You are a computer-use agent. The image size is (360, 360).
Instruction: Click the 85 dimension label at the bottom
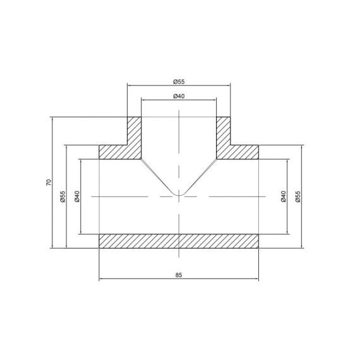point(179,275)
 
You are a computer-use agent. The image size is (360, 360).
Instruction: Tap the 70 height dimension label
point(49,183)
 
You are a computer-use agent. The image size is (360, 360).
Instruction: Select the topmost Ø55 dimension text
point(179,81)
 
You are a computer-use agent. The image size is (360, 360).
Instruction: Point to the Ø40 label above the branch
point(179,96)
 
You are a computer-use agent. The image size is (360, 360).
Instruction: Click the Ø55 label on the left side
point(63,196)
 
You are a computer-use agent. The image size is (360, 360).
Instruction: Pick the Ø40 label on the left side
point(77,196)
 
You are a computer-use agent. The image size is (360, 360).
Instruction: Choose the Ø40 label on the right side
point(284,196)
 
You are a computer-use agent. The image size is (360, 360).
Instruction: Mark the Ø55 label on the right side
point(297,196)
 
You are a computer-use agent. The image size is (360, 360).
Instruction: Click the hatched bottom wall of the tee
point(179,241)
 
